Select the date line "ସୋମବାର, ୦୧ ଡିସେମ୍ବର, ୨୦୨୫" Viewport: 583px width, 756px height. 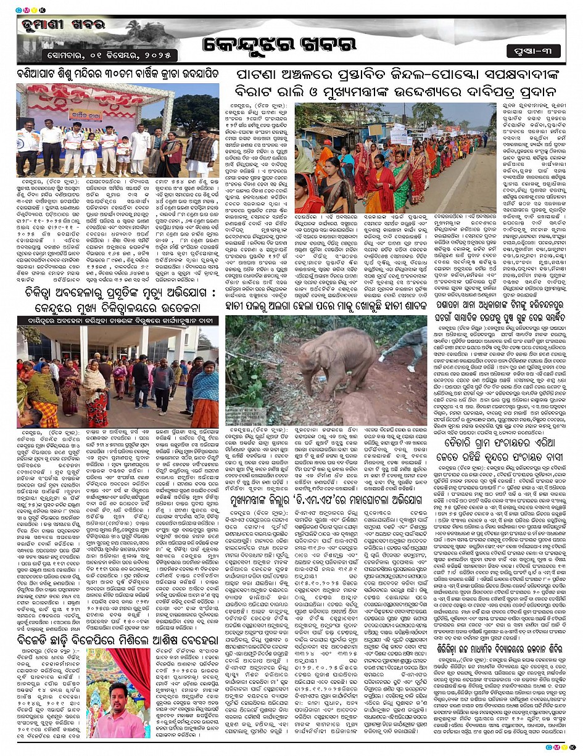(82, 55)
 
